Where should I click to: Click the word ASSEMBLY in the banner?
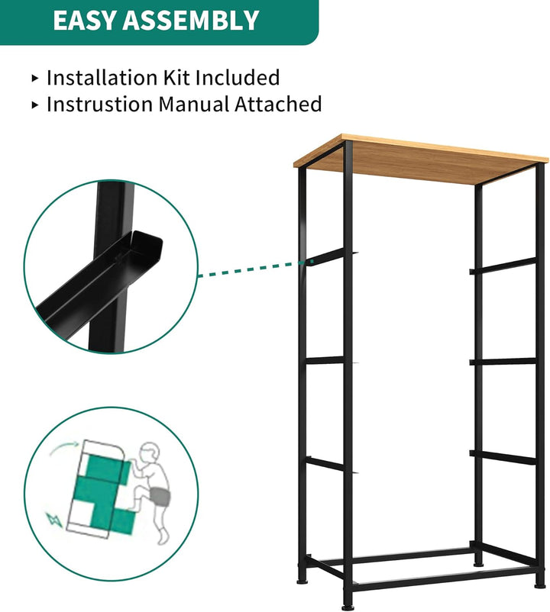191,21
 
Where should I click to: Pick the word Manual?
193,105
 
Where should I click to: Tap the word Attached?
278,105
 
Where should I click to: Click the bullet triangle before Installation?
35,78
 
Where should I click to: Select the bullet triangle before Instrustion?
35,105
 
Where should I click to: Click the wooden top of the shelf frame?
421,159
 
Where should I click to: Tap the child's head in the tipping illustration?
150,453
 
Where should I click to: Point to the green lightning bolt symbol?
54,520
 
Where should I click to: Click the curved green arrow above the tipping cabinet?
64,448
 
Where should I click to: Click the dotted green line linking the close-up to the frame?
250,269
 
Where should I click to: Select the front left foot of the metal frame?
346,606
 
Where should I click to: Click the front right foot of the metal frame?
539,585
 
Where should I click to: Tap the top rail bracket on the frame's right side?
503,266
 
